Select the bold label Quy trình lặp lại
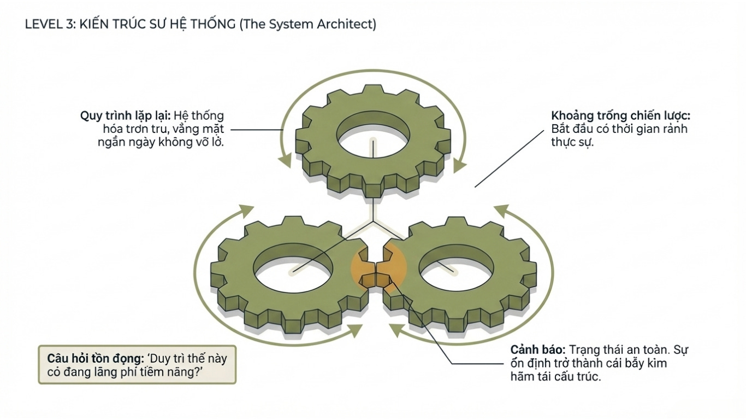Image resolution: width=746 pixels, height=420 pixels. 126,116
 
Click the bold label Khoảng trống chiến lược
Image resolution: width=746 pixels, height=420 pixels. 621,116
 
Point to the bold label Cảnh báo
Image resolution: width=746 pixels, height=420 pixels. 538,349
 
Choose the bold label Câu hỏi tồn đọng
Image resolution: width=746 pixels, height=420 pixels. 95,359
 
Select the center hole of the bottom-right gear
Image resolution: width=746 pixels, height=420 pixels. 455,268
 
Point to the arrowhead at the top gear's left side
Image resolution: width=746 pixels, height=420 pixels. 285,161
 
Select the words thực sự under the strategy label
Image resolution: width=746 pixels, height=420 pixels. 572,142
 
